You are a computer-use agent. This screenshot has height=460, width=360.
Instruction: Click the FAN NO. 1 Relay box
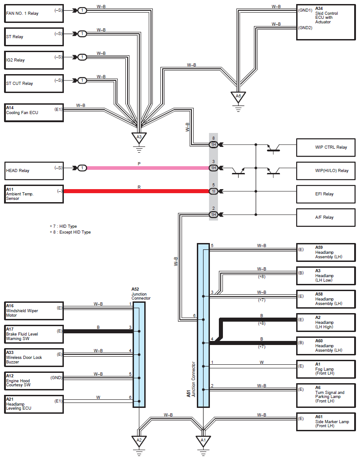(34, 13)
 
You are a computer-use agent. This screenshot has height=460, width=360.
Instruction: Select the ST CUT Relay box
(34, 84)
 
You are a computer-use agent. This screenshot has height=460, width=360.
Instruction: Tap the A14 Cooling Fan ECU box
(34, 112)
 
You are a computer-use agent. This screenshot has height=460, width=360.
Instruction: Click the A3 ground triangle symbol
(139, 137)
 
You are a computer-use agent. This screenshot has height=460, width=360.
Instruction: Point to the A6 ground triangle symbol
(238, 97)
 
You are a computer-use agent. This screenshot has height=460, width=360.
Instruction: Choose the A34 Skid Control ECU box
(326, 22)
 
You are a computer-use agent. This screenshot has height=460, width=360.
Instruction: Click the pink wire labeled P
(148, 168)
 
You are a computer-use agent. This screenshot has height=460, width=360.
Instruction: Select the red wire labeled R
(137, 191)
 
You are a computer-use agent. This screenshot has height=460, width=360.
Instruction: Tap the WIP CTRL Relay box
(326, 147)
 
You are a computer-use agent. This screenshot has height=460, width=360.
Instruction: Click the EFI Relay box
(326, 194)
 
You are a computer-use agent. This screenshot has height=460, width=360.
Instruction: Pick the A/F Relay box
(326, 218)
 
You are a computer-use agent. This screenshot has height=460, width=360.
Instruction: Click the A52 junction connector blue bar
(139, 355)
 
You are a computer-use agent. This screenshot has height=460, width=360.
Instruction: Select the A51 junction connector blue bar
(203, 325)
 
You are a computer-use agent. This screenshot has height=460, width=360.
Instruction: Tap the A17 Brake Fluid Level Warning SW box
(34, 334)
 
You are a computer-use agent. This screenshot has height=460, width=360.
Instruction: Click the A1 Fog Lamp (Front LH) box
(326, 369)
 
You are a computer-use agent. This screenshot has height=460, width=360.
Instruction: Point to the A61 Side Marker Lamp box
(326, 422)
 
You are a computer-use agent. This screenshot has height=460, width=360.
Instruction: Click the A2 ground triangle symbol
(139, 441)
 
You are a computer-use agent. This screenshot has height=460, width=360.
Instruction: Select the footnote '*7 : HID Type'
(63, 226)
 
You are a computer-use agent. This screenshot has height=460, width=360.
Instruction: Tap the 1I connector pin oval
(213, 191)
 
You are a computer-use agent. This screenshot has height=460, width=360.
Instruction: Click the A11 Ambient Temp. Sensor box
(34, 194)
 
